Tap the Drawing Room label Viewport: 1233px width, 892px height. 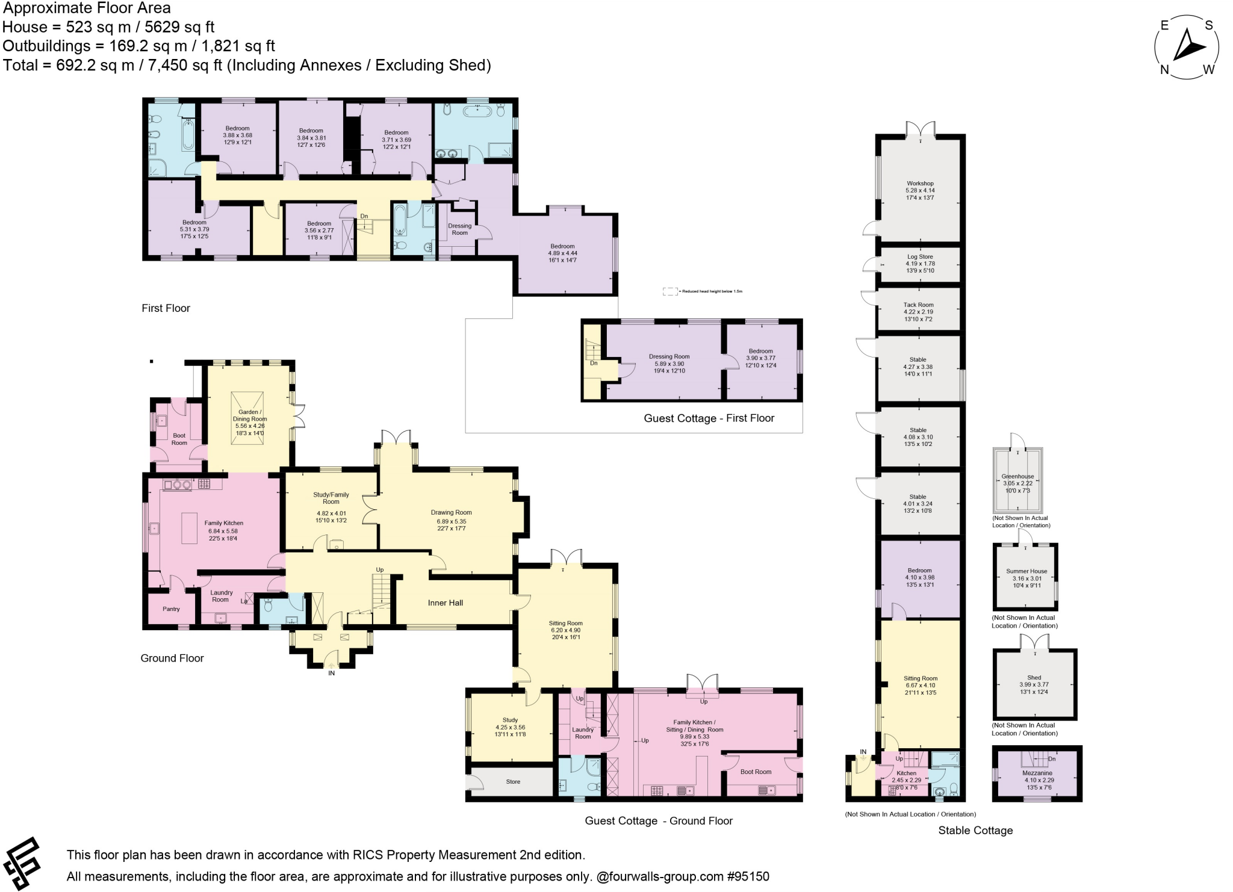pos(451,513)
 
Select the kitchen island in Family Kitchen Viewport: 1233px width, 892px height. pos(189,528)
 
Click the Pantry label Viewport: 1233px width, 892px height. pos(171,609)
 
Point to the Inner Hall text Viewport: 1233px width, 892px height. pos(446,602)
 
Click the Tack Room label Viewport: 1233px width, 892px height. pos(918,305)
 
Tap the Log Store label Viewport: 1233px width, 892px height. pos(920,257)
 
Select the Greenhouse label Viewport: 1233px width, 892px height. pos(1017,477)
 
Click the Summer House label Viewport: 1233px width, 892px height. pos(1026,571)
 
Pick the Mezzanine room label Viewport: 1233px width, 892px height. pos(1037,773)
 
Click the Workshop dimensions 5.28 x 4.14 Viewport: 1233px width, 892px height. pos(920,190)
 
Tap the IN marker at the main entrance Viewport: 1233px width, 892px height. pos(331,673)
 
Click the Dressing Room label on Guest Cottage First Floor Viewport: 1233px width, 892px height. pos(669,356)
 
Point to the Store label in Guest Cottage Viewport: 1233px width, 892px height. pos(513,782)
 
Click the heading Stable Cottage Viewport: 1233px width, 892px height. pos(975,831)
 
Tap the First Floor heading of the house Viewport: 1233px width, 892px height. pos(166,308)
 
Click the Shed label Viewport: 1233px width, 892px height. pos(1034,678)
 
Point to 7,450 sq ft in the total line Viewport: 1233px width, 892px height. pos(185,65)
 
